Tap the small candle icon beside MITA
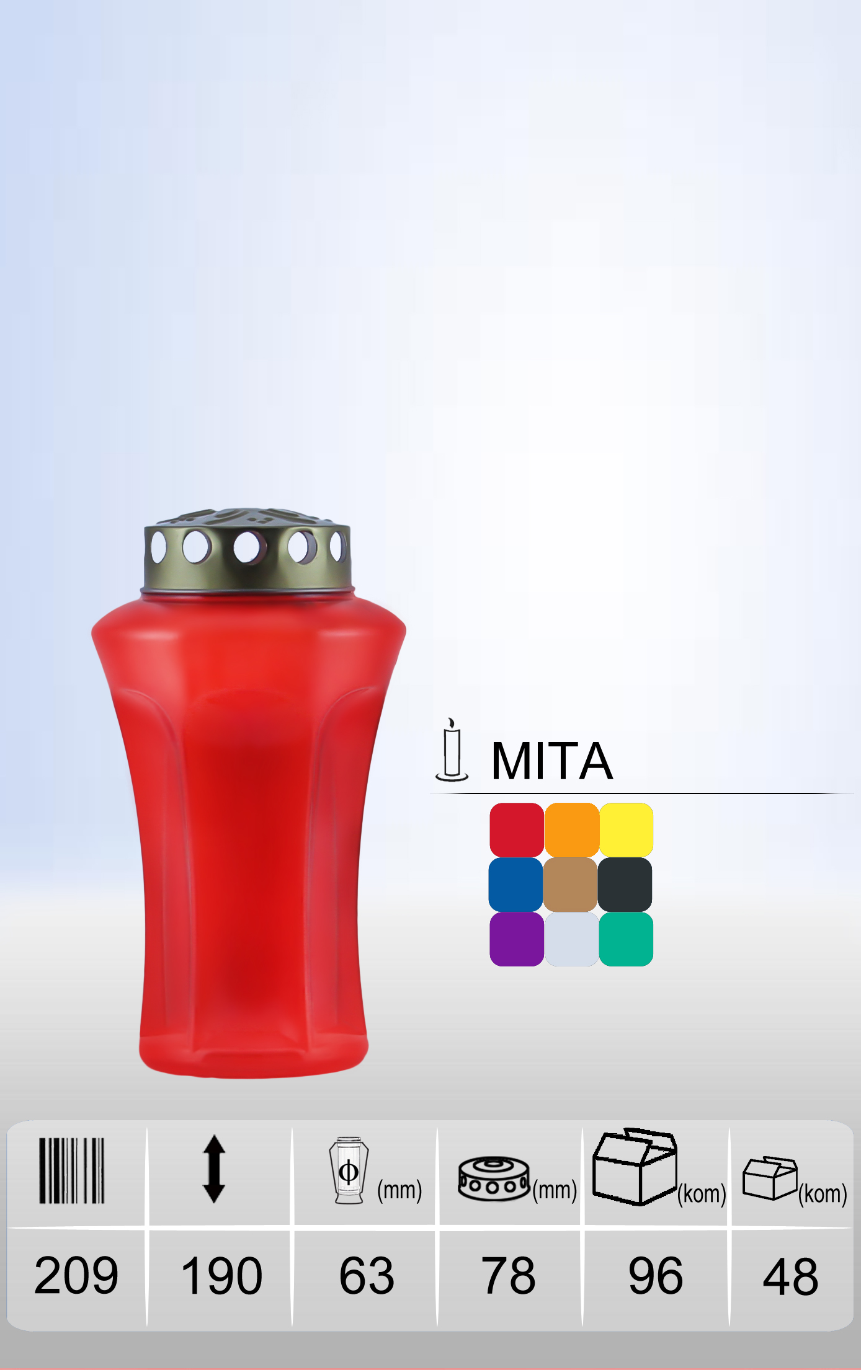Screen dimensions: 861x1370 coord(452,749)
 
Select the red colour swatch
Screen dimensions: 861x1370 coord(517,830)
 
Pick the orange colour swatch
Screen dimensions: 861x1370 coord(571,830)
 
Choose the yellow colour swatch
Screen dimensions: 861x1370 coord(626,830)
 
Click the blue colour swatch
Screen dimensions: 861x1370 coord(516,885)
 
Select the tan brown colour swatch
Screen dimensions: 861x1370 coord(571,885)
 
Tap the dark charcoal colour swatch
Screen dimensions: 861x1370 coord(625,885)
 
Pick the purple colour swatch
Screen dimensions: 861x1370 coord(517,939)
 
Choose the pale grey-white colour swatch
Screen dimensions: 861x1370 coord(571,939)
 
